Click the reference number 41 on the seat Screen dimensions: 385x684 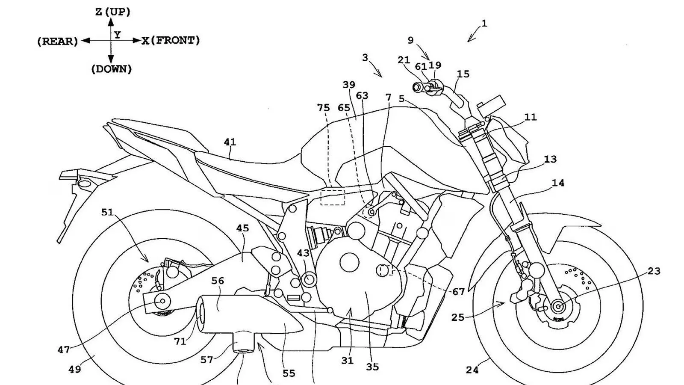(x=230, y=142)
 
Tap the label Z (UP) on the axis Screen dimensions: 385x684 (x=112, y=12)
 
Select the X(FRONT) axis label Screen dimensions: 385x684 (x=171, y=41)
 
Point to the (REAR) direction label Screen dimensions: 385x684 (x=58, y=41)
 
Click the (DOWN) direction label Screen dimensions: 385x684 (x=111, y=69)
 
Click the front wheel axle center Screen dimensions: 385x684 (x=557, y=306)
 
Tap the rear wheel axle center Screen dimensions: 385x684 (x=162, y=301)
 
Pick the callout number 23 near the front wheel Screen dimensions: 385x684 (x=654, y=271)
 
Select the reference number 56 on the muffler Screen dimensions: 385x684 (x=218, y=281)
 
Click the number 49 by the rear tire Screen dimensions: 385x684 (x=74, y=369)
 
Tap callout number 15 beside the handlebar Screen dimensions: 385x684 (x=463, y=74)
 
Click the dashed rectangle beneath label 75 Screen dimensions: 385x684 (x=333, y=197)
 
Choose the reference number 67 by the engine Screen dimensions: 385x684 (x=458, y=292)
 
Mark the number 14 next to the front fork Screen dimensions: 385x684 (x=558, y=183)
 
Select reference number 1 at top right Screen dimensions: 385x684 (x=484, y=24)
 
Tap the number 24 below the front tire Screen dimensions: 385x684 (x=472, y=370)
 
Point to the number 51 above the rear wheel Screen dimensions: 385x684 (x=107, y=212)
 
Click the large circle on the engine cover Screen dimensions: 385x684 (x=350, y=261)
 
